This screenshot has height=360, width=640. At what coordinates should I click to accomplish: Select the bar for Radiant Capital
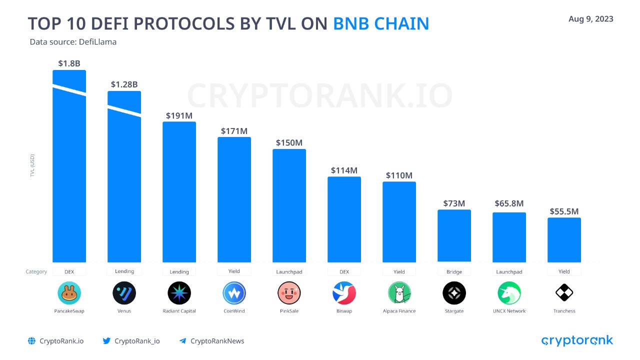click(x=179, y=192)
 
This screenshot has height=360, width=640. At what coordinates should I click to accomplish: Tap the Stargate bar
click(x=454, y=235)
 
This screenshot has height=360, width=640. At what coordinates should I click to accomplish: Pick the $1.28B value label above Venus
click(x=124, y=84)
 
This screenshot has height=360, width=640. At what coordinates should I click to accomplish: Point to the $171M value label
click(x=234, y=131)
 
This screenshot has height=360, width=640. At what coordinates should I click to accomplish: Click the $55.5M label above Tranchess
click(x=564, y=211)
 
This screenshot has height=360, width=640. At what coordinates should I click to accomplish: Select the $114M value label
click(x=344, y=170)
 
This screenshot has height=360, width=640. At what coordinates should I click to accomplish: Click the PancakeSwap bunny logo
click(x=69, y=293)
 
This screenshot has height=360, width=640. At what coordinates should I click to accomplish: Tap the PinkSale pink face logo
click(x=289, y=293)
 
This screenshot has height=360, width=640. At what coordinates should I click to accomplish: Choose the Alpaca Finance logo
click(x=399, y=293)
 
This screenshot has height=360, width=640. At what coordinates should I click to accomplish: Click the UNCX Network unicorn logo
click(x=509, y=293)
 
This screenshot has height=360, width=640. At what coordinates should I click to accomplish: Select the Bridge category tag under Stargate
click(x=454, y=272)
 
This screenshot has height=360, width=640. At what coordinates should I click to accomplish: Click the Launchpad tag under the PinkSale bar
click(x=289, y=272)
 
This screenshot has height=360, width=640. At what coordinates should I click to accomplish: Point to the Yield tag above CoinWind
click(x=234, y=271)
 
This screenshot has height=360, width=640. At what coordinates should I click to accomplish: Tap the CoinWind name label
click(x=234, y=311)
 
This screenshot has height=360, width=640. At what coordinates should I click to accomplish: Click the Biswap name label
click(x=344, y=311)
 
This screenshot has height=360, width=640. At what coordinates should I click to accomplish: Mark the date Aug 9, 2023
click(x=590, y=19)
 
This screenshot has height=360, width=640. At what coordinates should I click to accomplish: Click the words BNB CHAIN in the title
click(x=381, y=24)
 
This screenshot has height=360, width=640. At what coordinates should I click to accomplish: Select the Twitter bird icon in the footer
click(x=106, y=341)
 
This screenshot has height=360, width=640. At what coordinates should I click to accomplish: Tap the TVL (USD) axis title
click(x=32, y=165)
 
